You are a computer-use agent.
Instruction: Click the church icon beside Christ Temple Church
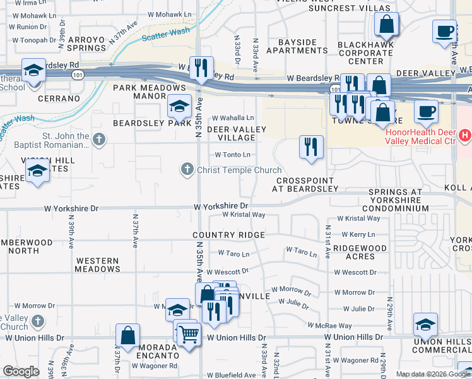tap(187, 169)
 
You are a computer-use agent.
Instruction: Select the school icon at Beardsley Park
tap(179, 107)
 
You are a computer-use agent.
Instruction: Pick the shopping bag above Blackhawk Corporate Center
tap(386, 25)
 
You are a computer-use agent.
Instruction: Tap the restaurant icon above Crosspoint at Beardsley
tap(310, 147)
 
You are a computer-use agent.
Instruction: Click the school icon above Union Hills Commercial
tap(426, 325)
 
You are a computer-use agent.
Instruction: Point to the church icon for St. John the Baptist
tap(98, 139)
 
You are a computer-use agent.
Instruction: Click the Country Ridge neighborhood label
tap(229, 235)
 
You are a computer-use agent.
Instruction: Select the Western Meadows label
tap(97, 265)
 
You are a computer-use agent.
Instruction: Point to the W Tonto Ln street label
tap(233, 155)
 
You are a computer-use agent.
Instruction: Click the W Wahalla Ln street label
tap(233, 118)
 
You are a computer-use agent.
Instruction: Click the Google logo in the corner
tap(21, 371)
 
